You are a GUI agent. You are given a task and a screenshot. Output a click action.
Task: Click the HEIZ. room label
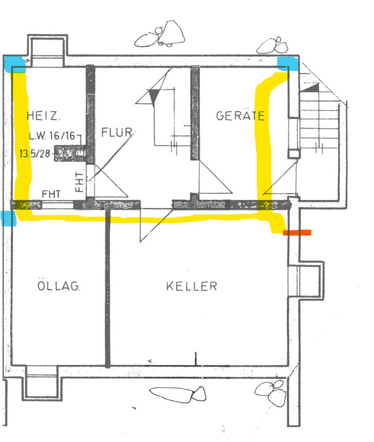(x=43, y=116)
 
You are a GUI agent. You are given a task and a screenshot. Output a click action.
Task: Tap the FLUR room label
(x=117, y=132)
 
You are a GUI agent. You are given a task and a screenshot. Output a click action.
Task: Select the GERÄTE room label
(x=240, y=115)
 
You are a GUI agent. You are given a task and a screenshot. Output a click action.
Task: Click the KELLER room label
(x=191, y=286)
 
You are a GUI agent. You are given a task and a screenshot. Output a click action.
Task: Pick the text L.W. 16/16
(x=52, y=136)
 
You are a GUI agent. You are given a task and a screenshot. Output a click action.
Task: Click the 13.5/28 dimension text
(x=35, y=154)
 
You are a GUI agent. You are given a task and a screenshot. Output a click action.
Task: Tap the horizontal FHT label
(x=51, y=194)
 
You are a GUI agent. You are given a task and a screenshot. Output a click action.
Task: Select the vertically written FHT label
(x=79, y=182)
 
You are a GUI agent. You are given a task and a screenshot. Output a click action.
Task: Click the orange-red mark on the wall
(x=297, y=233)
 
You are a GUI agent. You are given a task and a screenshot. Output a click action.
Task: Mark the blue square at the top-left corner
(x=15, y=64)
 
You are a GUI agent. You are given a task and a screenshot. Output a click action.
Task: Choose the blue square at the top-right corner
(x=288, y=63)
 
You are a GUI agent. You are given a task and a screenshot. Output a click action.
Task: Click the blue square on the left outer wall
(x=9, y=219)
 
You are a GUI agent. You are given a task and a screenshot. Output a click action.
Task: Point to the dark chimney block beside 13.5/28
(x=70, y=153)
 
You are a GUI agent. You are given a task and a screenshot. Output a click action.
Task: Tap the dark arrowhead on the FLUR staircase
(x=154, y=97)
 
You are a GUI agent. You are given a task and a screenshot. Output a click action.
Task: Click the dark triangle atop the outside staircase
(x=310, y=88)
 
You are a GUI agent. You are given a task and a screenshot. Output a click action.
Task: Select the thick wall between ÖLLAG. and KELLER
(x=107, y=287)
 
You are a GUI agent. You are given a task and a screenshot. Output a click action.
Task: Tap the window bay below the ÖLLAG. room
(x=42, y=383)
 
